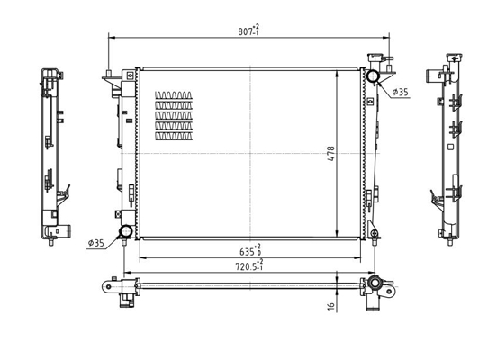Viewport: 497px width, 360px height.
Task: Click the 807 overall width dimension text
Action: pyautogui.click(x=248, y=31)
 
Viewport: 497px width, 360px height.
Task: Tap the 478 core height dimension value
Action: pyautogui.click(x=330, y=154)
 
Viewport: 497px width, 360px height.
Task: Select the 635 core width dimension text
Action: pyautogui.click(x=250, y=251)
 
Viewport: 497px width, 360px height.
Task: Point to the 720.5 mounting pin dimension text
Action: pyautogui.click(x=248, y=265)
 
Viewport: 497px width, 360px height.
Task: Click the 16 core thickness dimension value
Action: pyautogui.click(x=330, y=305)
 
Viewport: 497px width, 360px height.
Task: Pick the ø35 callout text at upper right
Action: pyautogui.click(x=401, y=92)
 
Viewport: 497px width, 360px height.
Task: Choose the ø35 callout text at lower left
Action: pyautogui.click(x=95, y=243)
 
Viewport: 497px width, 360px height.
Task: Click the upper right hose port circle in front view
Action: pyautogui.click(x=372, y=76)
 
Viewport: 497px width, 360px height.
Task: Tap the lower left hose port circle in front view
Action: pyautogui.click(x=126, y=231)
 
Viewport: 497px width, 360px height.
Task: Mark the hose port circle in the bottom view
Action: pyautogui.click(x=375, y=282)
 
